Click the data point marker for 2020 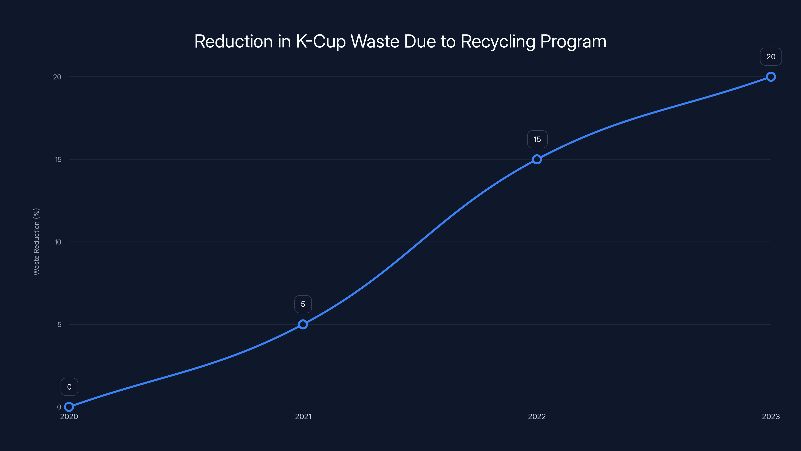pos(69,407)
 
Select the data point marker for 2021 pos(303,324)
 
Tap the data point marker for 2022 pos(537,159)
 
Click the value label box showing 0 pos(69,387)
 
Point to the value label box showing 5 pos(303,304)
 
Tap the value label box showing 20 pos(771,57)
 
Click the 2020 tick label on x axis pos(69,416)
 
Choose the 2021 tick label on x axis pos(303,416)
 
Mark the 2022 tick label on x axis pos(537,416)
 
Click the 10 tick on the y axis pos(58,242)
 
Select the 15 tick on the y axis pos(58,160)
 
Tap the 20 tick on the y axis pos(57,77)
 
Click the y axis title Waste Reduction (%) pos(36,242)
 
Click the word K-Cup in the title pos(321,41)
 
